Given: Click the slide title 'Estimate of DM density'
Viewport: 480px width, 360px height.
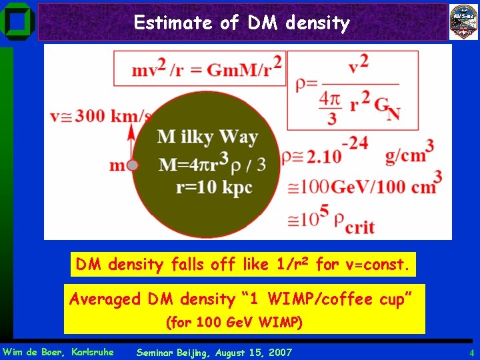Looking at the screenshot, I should point(241,23).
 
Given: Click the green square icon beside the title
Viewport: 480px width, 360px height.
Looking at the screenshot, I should point(17,21).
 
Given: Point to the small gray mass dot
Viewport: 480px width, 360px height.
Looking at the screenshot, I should point(133,165).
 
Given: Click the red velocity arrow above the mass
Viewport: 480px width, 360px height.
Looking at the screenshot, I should point(131,142).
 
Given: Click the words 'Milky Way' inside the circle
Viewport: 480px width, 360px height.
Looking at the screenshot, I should point(207,138).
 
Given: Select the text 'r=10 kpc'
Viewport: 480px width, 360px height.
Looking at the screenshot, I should point(214,187).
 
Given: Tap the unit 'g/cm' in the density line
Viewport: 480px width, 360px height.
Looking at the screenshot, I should point(405,156).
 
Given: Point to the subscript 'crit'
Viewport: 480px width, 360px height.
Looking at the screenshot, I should point(359,227).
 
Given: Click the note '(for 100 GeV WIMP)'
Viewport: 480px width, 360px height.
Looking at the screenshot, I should point(234,323).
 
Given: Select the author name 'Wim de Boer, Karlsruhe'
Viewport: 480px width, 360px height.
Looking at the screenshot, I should point(58,352).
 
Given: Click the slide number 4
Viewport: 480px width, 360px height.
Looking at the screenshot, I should point(471,352).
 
